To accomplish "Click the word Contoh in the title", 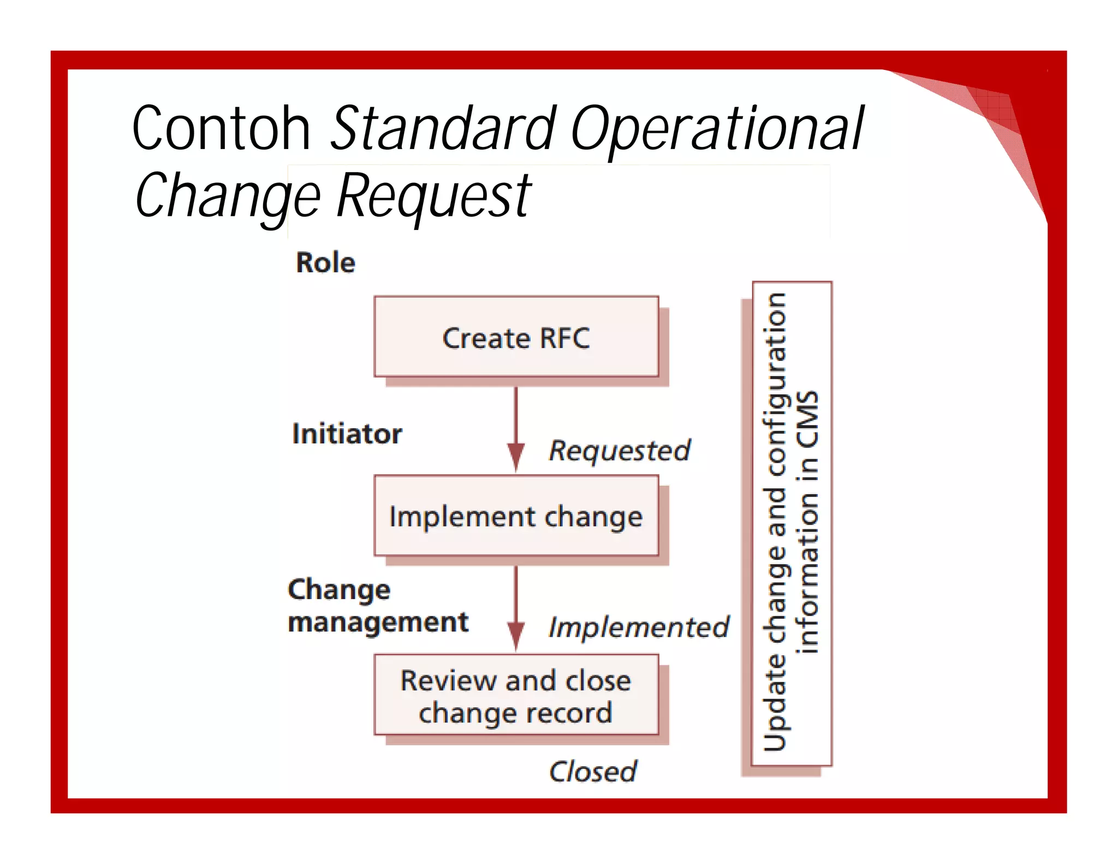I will pyautogui.click(x=221, y=129).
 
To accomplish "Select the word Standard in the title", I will pyautogui.click(x=443, y=129).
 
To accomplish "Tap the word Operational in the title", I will pyautogui.click(x=717, y=129).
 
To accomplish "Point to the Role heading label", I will pyautogui.click(x=325, y=263).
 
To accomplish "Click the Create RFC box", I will pyautogui.click(x=516, y=338).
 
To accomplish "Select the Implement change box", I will pyautogui.click(x=516, y=516).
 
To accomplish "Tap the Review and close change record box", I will pyautogui.click(x=516, y=695).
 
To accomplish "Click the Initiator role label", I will pyautogui.click(x=347, y=434).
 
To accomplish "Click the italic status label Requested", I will pyautogui.click(x=620, y=451).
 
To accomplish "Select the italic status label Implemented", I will pyautogui.click(x=639, y=628).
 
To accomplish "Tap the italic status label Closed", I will pyautogui.click(x=593, y=772).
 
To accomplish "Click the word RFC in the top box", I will pyautogui.click(x=564, y=339).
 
